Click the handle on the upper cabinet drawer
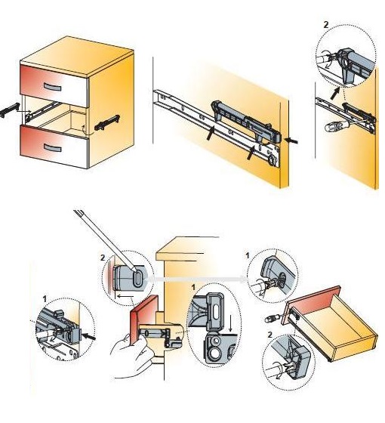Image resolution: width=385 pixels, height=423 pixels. [x=52, y=87]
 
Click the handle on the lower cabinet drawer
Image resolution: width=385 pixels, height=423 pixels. [x=52, y=147]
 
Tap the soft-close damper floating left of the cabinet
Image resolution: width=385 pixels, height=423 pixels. [x=10, y=110]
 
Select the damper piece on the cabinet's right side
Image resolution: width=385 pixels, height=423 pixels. [x=107, y=122]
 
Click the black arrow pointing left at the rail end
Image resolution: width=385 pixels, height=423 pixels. [x=292, y=140]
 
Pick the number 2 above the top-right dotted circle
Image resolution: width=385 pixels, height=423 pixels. [x=326, y=25]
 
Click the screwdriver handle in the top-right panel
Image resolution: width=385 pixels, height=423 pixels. [x=331, y=127]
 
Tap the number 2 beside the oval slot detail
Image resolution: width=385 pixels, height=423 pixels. [x=103, y=258]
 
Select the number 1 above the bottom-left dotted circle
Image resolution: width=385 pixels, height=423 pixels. [x=45, y=299]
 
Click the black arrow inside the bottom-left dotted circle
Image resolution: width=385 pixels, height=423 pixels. [x=89, y=337]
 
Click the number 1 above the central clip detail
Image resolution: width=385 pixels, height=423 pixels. [x=193, y=288]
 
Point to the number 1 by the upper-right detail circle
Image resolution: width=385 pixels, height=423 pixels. [x=248, y=255]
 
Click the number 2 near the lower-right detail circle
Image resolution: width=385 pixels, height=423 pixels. [x=270, y=335]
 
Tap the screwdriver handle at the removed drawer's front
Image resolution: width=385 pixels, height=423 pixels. [x=270, y=319]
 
